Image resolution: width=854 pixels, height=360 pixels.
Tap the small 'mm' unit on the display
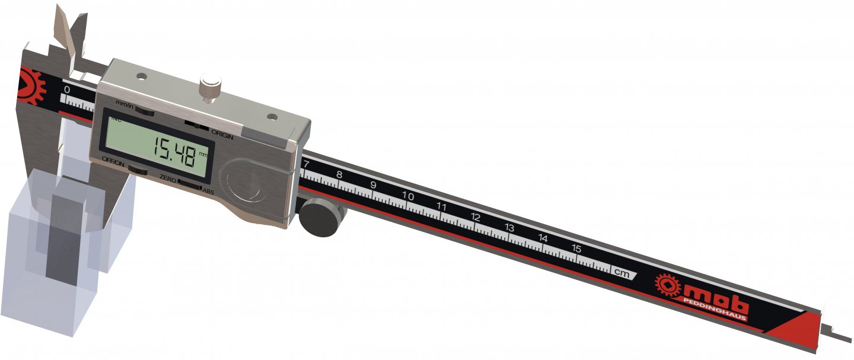[x=204, y=154]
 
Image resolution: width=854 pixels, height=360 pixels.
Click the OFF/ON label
[x=112, y=160]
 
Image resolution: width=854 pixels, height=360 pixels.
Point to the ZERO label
[x=169, y=178]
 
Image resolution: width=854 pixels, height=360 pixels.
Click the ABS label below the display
[x=208, y=191]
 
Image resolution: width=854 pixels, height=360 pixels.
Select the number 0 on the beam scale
[x=67, y=90]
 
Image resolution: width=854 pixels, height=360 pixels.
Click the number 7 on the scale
[x=305, y=164]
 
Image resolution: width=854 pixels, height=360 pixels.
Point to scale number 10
[x=407, y=196]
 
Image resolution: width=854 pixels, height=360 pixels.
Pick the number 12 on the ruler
[x=475, y=217]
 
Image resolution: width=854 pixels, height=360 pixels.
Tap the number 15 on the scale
[x=575, y=248]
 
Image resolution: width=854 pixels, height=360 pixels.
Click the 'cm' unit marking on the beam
[x=621, y=273]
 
